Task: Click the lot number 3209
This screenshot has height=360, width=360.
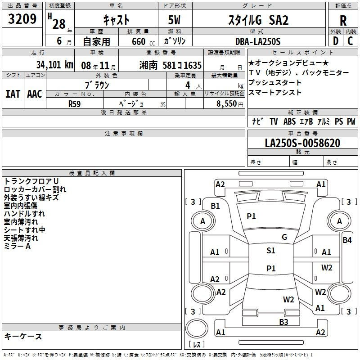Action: pyautogui.click(x=22, y=19)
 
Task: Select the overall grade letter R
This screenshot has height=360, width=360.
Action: pyautogui.click(x=343, y=21)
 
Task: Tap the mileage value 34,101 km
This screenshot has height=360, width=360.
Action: pyautogui.click(x=54, y=65)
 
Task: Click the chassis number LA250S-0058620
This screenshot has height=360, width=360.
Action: pyautogui.click(x=302, y=143)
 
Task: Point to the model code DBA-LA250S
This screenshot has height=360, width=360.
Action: pyautogui.click(x=258, y=41)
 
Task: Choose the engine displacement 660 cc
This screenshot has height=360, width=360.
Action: pyautogui.click(x=143, y=41)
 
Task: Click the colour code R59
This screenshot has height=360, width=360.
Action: pyautogui.click(x=74, y=104)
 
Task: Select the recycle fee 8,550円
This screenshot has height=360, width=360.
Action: pyautogui.click(x=229, y=104)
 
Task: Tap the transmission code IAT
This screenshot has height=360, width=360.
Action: pyautogui.click(x=13, y=94)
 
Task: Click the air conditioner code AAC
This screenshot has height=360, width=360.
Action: pyautogui.click(x=35, y=94)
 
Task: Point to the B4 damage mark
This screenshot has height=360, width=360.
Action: pyautogui.click(x=347, y=240)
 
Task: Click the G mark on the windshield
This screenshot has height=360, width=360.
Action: pyautogui.click(x=284, y=237)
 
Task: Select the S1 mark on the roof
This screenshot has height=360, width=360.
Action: pyautogui.click(x=271, y=251)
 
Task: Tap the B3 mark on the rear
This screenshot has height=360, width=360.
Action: pyautogui.click(x=283, y=322)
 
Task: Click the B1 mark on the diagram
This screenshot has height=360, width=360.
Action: pyautogui.click(x=215, y=206)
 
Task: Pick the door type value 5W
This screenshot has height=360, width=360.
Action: pyautogui.click(x=174, y=20)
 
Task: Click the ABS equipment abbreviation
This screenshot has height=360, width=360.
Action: pyautogui.click(x=289, y=121)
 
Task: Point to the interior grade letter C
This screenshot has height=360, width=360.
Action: pyautogui.click(x=350, y=41)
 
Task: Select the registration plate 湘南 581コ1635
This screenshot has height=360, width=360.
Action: pyautogui.click(x=171, y=65)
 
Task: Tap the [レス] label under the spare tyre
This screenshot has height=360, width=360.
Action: pyautogui.click(x=197, y=344)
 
